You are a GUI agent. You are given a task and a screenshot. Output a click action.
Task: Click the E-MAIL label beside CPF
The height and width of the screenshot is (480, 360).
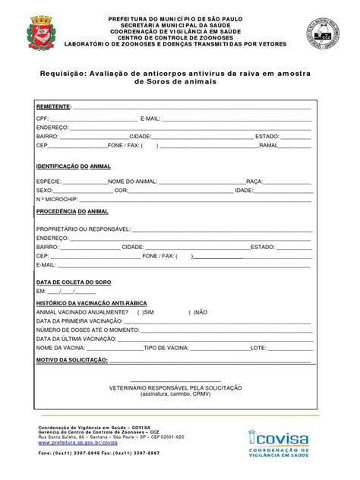coord(150,119)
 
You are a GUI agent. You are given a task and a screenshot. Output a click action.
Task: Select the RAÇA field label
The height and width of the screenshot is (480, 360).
coord(255,182)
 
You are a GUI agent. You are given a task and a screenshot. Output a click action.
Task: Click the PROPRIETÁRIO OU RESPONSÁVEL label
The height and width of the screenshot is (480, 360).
coord(84,229)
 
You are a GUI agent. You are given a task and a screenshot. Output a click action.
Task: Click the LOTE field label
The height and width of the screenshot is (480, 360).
coord(258,347)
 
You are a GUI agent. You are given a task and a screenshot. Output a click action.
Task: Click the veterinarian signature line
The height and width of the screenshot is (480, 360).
coord(175,380)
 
